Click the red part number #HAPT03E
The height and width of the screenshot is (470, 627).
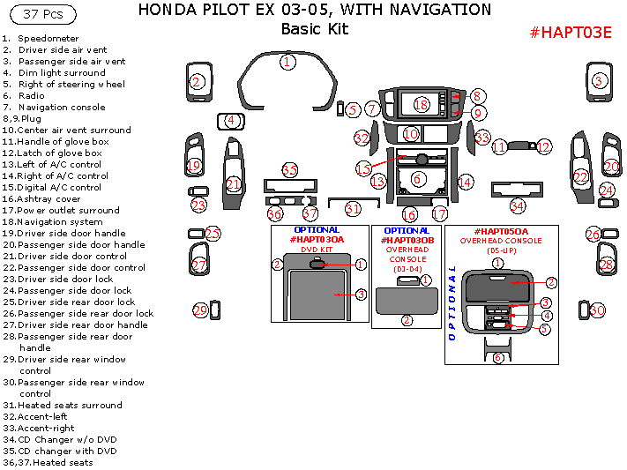(x=571, y=33)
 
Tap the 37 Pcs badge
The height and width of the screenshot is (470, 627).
(x=43, y=14)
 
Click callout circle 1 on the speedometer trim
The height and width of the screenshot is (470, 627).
(x=287, y=62)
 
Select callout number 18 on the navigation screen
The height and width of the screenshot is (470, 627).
(x=422, y=105)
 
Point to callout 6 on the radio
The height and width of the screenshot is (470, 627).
(x=417, y=179)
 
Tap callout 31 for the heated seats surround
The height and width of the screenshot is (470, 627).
(x=353, y=209)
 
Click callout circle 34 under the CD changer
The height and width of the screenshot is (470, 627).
(x=518, y=206)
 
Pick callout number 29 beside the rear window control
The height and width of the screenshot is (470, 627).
(x=200, y=310)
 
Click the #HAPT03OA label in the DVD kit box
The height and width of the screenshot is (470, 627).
(x=317, y=240)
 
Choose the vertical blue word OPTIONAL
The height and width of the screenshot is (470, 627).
(x=452, y=302)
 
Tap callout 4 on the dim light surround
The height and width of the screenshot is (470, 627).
(x=231, y=121)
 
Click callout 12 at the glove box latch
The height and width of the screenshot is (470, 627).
(x=544, y=147)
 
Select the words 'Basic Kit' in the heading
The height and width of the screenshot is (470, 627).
(x=315, y=29)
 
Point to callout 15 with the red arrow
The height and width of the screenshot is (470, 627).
(x=363, y=168)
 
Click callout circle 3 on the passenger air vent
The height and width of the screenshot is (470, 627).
(x=599, y=81)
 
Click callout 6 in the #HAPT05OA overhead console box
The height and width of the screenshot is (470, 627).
(x=498, y=357)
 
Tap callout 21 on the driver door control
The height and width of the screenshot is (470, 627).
(x=233, y=184)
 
